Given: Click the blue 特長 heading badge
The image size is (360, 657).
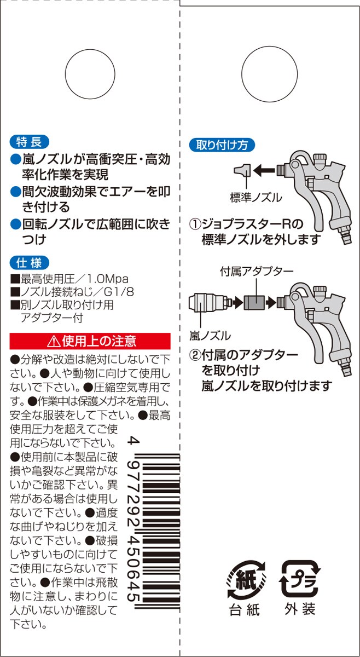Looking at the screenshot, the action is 29,142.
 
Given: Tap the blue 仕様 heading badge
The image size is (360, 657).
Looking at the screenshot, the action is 29,263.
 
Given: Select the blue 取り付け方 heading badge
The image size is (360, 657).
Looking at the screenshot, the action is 222,145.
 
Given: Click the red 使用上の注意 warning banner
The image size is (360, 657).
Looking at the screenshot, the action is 90,341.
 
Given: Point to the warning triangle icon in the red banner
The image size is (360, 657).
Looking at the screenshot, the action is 54,341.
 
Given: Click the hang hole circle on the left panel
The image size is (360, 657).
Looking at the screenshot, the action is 90,74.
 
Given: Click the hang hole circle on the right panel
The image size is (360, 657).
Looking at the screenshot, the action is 270,74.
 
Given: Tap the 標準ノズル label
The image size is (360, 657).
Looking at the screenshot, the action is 256,198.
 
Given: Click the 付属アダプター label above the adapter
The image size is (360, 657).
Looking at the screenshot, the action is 257,272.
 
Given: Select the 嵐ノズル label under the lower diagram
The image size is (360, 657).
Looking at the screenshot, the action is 210,336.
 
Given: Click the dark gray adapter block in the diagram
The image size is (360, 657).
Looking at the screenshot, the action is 254,301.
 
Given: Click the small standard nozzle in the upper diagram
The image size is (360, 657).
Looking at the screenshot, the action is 242,170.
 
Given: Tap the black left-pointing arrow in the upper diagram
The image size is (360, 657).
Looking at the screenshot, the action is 264,170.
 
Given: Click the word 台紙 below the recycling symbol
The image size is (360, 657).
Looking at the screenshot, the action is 245,610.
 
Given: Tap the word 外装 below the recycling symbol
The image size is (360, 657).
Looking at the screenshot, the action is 300,609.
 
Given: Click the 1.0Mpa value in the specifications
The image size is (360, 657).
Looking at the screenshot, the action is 108,279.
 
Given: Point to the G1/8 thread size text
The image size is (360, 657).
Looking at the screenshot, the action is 119,292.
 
